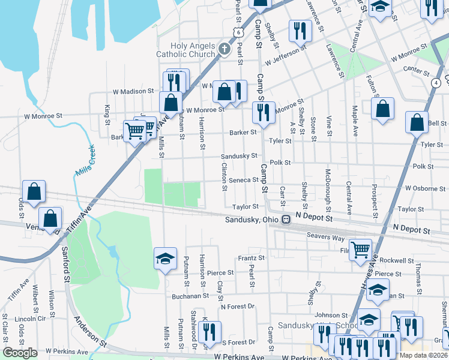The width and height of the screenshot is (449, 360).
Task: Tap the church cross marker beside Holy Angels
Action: click(224, 49)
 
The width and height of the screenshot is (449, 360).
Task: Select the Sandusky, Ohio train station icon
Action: click(286, 220)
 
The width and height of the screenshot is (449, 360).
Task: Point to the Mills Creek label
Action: click(85, 163)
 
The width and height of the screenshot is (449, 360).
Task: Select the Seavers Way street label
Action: click(327, 237)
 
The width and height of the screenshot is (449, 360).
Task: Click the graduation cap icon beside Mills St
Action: click(165, 258)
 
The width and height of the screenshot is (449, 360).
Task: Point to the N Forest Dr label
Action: click(238, 307)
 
